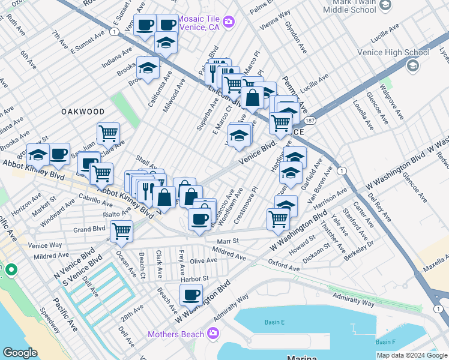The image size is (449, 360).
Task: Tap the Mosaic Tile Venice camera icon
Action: [228, 23]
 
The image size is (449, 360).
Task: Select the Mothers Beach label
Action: [178, 333]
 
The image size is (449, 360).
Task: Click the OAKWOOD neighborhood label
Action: [83, 112]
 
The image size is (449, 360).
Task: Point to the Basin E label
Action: [275, 322]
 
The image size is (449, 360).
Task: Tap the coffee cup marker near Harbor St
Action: [191, 295]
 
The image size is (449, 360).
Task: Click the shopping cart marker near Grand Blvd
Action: [121, 230]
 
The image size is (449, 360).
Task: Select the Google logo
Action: [20, 353]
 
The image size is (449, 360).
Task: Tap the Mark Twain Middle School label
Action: [351, 7]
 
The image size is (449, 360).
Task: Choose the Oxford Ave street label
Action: [283, 265]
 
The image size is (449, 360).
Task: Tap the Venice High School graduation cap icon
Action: [412, 65]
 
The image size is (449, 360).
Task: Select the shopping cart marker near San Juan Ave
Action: [108, 133]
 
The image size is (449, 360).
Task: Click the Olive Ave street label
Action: [203, 261]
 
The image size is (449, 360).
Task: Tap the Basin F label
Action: [385, 341]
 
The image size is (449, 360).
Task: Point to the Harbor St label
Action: [196, 278]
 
